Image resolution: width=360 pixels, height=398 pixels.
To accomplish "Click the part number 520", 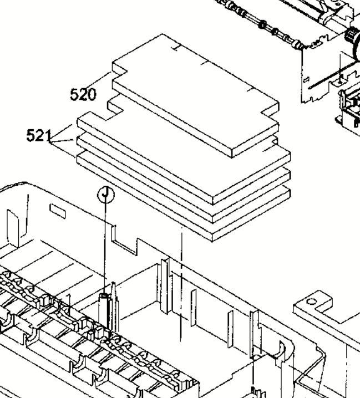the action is pos(83,94).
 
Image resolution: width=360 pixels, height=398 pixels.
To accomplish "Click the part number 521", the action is pos(39,135).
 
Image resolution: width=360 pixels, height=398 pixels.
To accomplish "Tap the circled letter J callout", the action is pos(106,195).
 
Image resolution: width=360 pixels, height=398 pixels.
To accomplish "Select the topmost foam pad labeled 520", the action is pos(196,96).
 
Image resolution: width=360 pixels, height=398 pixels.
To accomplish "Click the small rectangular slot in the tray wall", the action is pos(58,211).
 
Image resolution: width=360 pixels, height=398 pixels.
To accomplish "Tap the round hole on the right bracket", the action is pos(312,302).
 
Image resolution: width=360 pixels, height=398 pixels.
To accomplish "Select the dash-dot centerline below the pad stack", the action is pos(181,284).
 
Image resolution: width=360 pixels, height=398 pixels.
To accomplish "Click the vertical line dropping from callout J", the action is pos(105,248).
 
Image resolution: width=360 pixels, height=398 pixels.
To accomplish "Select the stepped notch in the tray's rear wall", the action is pos(124,241).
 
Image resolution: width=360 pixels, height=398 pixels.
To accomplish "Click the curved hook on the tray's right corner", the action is pos(281,351).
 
